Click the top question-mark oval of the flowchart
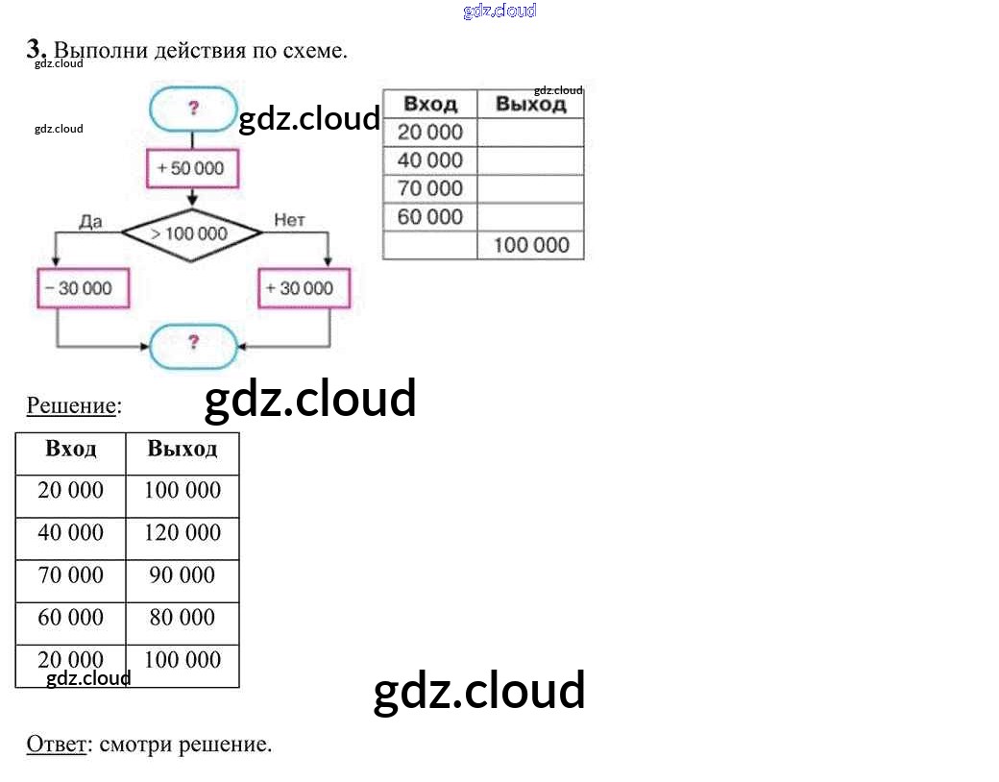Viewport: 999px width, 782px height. [193, 109]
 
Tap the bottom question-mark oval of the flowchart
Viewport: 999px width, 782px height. [193, 343]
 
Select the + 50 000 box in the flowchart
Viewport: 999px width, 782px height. [191, 168]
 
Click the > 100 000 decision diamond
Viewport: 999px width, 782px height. [190, 233]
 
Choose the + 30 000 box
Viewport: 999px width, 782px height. [305, 287]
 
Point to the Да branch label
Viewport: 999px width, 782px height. [90, 221]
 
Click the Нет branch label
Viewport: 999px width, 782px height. [289, 221]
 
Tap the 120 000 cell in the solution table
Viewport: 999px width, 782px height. [183, 533]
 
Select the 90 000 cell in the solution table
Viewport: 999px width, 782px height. [183, 575]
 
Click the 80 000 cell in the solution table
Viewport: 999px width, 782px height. [183, 617]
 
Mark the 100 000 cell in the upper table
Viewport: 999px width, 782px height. [531, 245]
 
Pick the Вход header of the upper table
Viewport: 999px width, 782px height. [429, 104]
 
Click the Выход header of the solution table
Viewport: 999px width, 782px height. [183, 450]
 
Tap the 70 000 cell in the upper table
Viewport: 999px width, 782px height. [429, 188]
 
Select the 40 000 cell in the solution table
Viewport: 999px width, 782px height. [70, 533]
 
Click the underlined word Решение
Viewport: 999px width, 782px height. [70, 405]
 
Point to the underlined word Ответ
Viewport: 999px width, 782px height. [56, 744]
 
